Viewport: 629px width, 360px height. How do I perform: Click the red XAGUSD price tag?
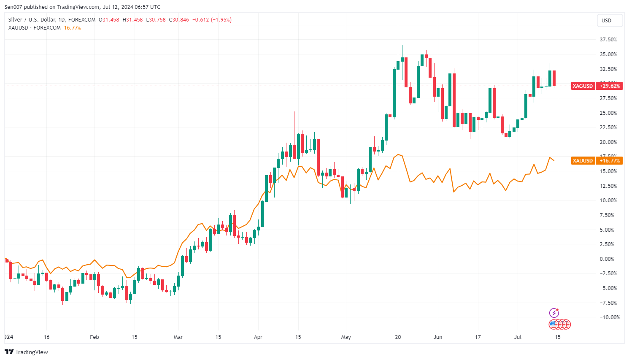coord(583,86)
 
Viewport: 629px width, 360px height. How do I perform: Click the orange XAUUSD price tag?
coord(583,160)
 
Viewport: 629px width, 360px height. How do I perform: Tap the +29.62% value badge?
coord(610,86)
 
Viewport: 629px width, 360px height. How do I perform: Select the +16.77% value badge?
coord(610,160)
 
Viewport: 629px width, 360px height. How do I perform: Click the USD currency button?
coord(606,20)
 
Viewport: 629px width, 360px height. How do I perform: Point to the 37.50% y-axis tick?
coord(608,40)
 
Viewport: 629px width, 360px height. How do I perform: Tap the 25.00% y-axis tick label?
coord(608,113)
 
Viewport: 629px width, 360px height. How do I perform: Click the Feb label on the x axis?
coord(94,337)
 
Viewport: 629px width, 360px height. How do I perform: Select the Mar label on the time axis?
coord(178,337)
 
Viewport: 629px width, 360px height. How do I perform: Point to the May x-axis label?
coord(346,337)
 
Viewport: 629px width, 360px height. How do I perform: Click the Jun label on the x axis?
coord(438,337)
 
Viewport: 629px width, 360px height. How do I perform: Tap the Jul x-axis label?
coord(518,337)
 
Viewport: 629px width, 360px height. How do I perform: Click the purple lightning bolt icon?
coord(554,313)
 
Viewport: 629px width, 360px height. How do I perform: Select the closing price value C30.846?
coord(179,20)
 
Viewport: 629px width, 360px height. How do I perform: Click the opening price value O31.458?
coord(109,20)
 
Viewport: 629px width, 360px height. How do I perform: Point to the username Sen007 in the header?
coord(13,7)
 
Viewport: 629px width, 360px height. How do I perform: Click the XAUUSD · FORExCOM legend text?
coord(35,28)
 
